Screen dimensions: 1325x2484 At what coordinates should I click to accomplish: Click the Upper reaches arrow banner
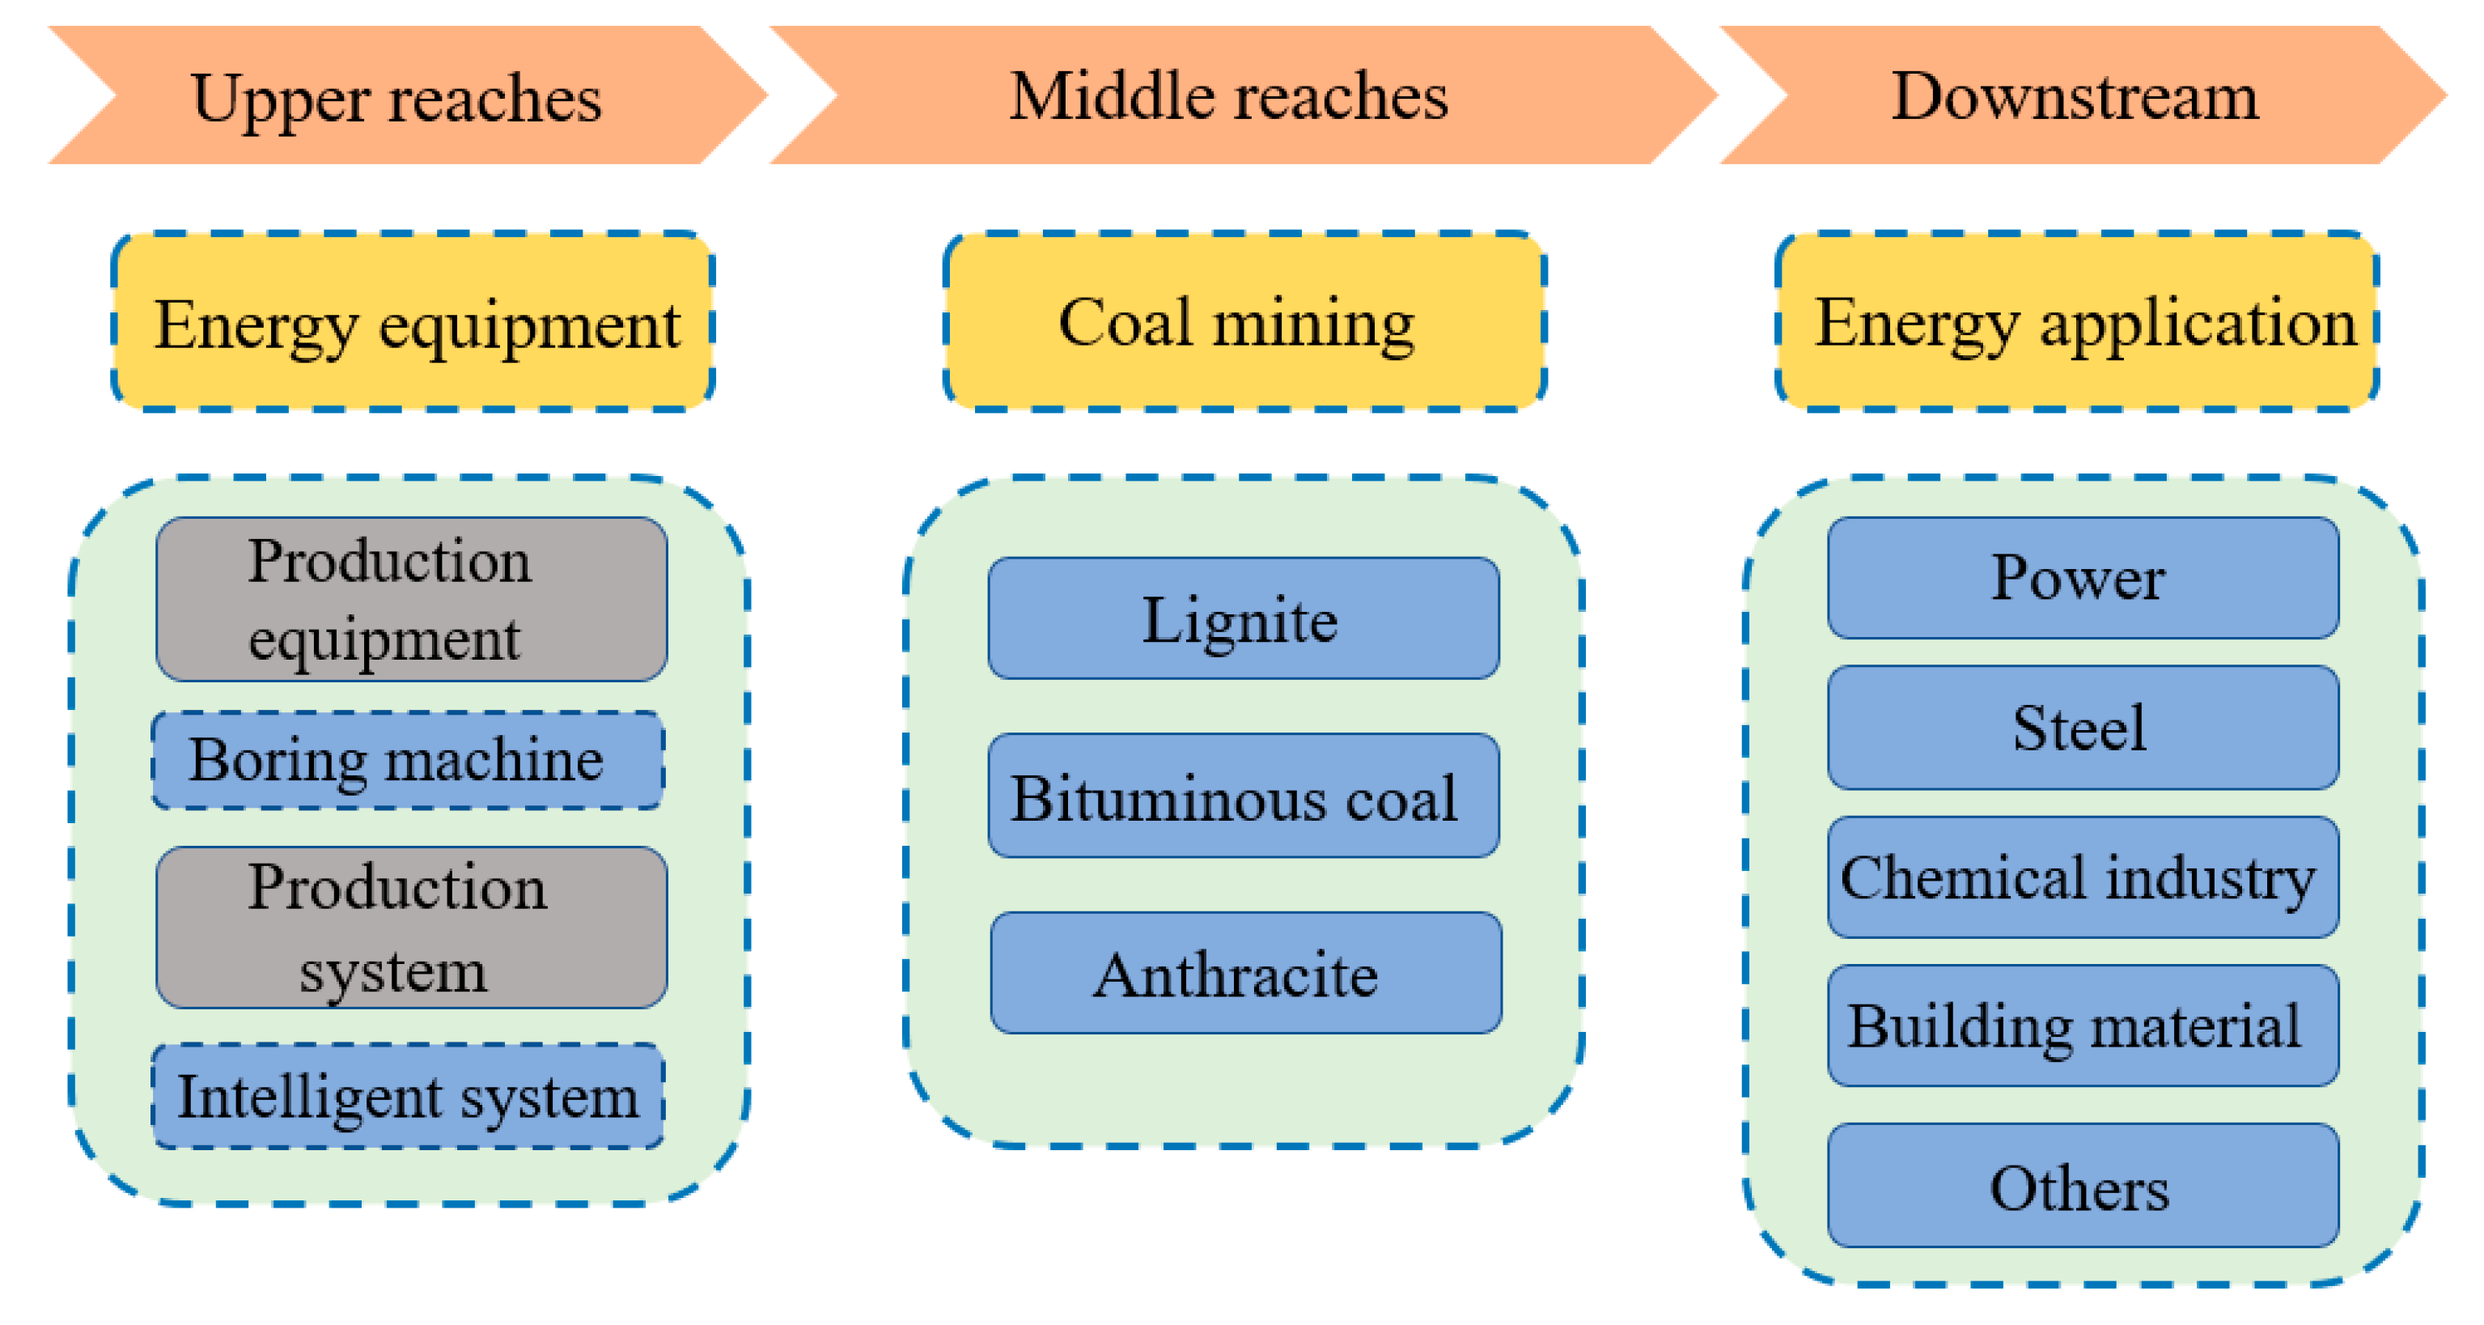click(x=397, y=96)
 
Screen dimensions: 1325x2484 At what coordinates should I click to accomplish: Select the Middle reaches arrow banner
click(x=1230, y=96)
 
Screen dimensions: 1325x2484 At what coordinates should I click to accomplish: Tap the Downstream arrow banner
click(x=2075, y=96)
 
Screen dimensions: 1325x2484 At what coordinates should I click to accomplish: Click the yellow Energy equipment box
click(x=413, y=322)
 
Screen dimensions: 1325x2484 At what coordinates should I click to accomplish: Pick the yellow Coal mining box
click(x=1244, y=322)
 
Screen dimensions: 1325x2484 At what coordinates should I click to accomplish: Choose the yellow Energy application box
click(x=2076, y=322)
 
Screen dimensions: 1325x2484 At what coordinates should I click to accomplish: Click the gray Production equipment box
click(x=412, y=599)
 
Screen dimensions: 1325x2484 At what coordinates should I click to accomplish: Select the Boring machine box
click(x=408, y=760)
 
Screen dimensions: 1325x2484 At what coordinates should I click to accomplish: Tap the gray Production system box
click(x=412, y=928)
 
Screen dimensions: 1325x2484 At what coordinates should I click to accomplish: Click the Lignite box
click(x=1244, y=618)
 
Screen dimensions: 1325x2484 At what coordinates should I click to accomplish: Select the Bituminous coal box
click(x=1244, y=796)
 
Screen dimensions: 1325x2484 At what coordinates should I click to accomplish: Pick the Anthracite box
click(x=1245, y=973)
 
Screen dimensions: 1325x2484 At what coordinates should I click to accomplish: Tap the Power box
click(x=2083, y=578)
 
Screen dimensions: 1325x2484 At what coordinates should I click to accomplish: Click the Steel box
click(x=2083, y=727)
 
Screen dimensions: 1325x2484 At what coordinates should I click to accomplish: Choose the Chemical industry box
click(x=2083, y=877)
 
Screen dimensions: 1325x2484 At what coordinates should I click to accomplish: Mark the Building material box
click(x=2083, y=1025)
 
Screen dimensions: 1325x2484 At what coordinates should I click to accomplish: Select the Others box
click(x=2083, y=1185)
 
